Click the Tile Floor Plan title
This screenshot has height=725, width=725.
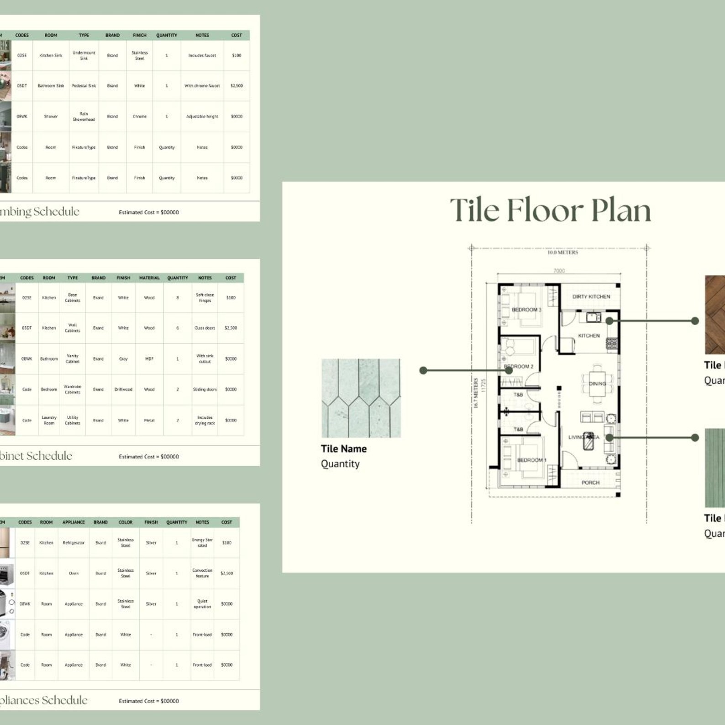[x=550, y=210]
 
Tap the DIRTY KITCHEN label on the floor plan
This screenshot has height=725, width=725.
[x=591, y=296]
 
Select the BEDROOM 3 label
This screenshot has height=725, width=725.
[x=526, y=310]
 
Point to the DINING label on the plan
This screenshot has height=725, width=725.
[x=597, y=384]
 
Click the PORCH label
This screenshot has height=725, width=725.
[x=590, y=483]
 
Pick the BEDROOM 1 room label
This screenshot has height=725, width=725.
[x=531, y=460]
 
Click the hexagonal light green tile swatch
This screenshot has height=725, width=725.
[x=361, y=398]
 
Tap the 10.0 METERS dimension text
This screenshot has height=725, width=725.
[x=562, y=252]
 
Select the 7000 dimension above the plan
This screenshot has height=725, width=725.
[x=559, y=271]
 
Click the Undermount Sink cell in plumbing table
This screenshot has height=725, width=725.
[x=84, y=55]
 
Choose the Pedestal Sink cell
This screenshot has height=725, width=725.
[x=84, y=86]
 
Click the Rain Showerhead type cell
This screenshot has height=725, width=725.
[x=84, y=116]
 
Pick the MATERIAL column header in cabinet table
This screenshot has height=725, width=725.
[x=149, y=278]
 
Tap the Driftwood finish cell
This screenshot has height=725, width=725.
[x=123, y=389]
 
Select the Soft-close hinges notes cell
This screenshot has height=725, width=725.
[x=205, y=298]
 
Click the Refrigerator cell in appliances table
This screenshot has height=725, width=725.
[x=74, y=543]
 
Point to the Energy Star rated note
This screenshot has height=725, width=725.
[x=202, y=543]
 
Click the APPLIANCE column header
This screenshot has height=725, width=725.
[x=74, y=522]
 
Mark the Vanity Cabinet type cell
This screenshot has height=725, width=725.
[x=73, y=359]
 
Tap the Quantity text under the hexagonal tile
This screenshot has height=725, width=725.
[x=340, y=464]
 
